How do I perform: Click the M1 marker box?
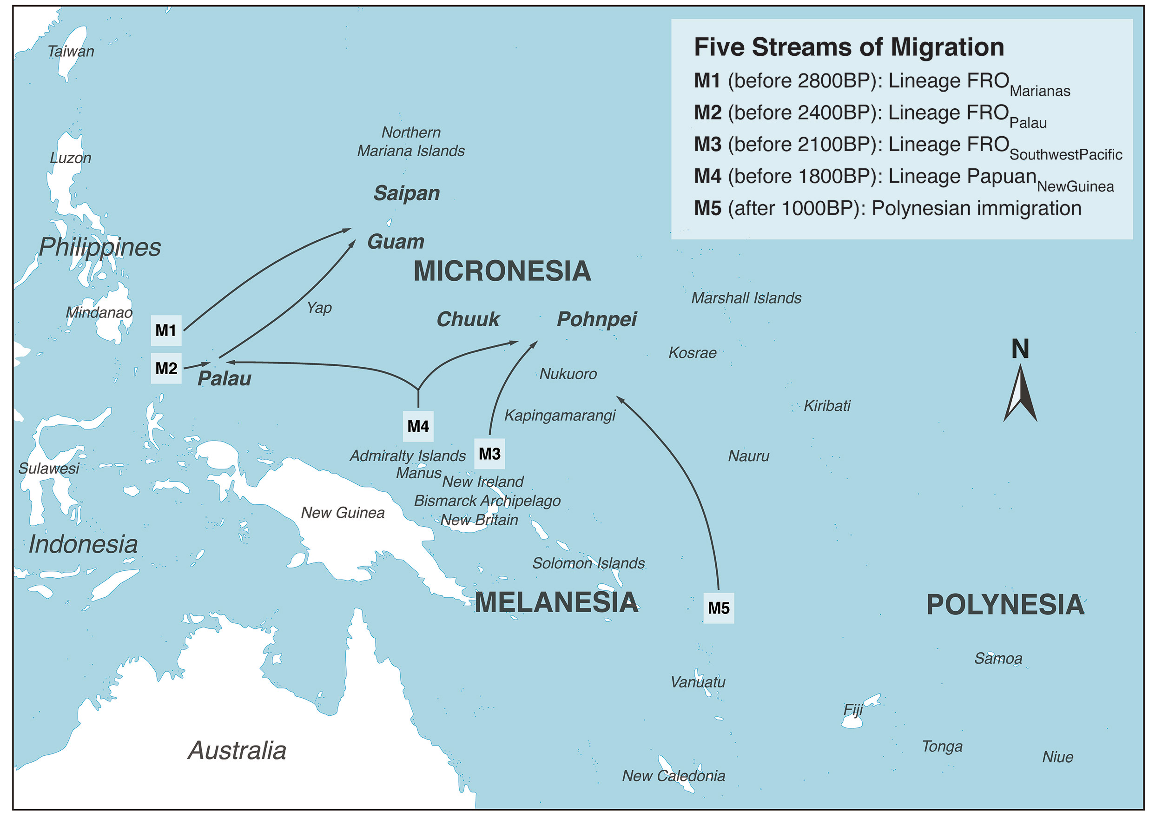(x=166, y=331)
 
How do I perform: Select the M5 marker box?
(x=719, y=608)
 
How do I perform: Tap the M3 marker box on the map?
(x=489, y=454)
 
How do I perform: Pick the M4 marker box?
(x=418, y=427)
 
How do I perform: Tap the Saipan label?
(x=406, y=193)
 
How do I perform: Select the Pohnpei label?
(x=597, y=319)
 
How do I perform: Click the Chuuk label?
(x=468, y=319)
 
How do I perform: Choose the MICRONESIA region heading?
(x=502, y=271)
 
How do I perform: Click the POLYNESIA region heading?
(x=1005, y=605)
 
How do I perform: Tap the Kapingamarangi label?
(x=560, y=416)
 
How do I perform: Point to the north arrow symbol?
(x=1020, y=395)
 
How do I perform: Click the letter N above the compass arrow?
(x=1020, y=349)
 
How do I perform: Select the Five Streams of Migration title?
(x=849, y=47)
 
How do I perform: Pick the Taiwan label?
(x=71, y=52)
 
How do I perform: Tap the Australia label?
(x=237, y=751)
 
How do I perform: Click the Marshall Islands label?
(x=746, y=298)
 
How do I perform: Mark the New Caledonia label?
(x=673, y=776)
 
